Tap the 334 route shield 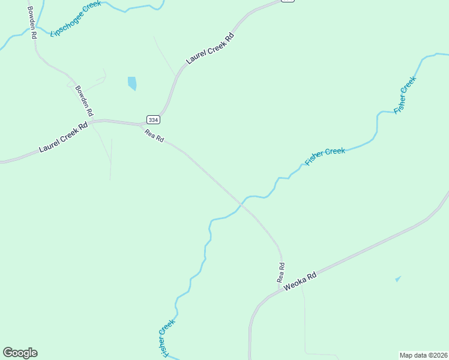click(153, 119)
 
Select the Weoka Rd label click(300, 283)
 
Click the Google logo click(20, 353)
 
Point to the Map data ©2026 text click(423, 355)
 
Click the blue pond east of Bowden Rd click(132, 83)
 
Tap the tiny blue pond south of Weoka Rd click(397, 278)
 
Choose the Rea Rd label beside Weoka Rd click(280, 272)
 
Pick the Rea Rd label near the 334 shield click(154, 136)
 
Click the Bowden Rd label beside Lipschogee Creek click(31, 23)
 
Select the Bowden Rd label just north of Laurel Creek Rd click(84, 101)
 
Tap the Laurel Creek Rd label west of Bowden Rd click(64, 137)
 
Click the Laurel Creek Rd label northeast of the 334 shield click(209, 48)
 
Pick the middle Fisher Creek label click(325, 156)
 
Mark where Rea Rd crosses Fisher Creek click(242, 203)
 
